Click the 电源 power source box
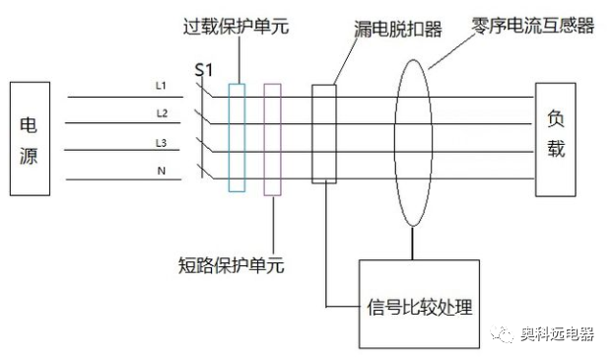click(x=29, y=139)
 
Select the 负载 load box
click(x=555, y=139)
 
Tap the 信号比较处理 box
click(x=418, y=305)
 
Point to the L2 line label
click(x=162, y=113)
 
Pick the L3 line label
click(x=162, y=143)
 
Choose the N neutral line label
click(x=162, y=171)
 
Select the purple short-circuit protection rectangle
click(x=273, y=139)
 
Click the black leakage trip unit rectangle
click(x=324, y=133)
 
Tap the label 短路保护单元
click(x=221, y=265)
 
